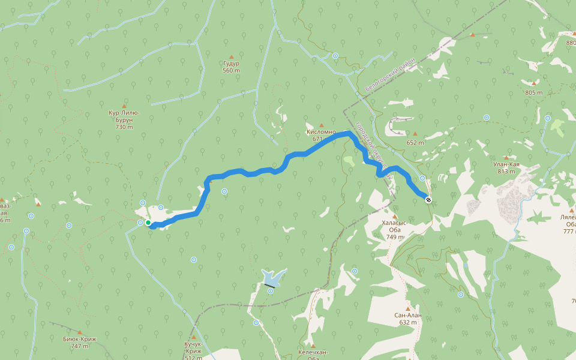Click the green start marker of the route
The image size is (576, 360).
(148, 223)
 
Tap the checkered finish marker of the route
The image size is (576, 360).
(428, 200)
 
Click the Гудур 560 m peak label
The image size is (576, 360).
(231, 67)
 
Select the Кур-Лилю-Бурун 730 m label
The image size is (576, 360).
(124, 119)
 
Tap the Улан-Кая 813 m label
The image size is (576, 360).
(506, 167)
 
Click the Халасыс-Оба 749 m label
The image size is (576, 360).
(394, 229)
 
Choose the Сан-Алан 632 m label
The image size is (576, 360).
(408, 319)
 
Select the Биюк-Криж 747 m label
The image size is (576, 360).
(80, 342)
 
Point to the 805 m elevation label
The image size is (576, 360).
(533, 93)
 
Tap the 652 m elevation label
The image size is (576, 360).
(415, 143)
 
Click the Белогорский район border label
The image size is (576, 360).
(389, 78)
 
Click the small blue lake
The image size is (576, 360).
(271, 278)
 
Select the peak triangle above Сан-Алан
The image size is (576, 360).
(408, 309)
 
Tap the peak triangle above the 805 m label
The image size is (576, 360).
(533, 83)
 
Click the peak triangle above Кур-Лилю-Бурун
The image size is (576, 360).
(124, 106)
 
